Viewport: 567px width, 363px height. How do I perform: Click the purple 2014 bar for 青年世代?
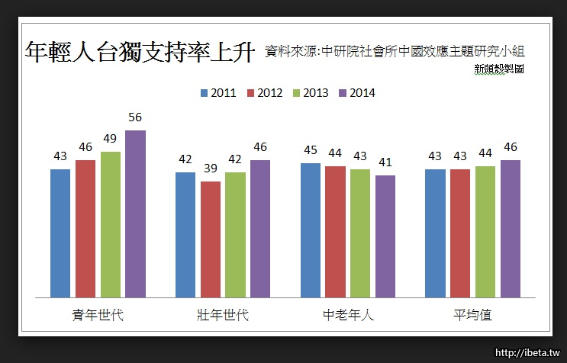tap(135, 214)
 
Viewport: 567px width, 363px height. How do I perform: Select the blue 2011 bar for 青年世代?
tap(60, 233)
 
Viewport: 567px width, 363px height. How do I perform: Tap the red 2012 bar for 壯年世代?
tap(211, 239)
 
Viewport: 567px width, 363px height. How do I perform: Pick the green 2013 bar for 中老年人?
tap(360, 233)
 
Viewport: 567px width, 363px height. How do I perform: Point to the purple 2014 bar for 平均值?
tap(511, 228)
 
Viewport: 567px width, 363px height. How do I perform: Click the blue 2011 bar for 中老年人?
tap(310, 230)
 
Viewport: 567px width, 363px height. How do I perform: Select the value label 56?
tap(135, 117)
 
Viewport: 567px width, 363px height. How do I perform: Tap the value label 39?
tap(211, 169)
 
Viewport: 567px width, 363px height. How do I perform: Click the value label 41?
tap(385, 162)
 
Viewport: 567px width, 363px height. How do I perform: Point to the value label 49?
tap(111, 139)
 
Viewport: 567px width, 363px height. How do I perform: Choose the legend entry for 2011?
tap(217, 93)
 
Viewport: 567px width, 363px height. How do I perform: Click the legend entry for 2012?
tap(264, 93)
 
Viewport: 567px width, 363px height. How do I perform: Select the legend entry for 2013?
tap(310, 93)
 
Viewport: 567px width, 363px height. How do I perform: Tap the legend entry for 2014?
tap(356, 93)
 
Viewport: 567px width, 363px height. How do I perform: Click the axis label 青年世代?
tap(98, 315)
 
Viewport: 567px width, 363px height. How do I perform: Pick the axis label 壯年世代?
tap(223, 315)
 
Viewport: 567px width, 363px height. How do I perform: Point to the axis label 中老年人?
tap(348, 315)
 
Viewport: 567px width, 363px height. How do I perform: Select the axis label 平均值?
tap(472, 315)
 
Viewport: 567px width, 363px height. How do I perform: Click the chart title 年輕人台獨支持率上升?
tap(139, 51)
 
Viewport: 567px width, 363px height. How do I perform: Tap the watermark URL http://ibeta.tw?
tap(527, 353)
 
